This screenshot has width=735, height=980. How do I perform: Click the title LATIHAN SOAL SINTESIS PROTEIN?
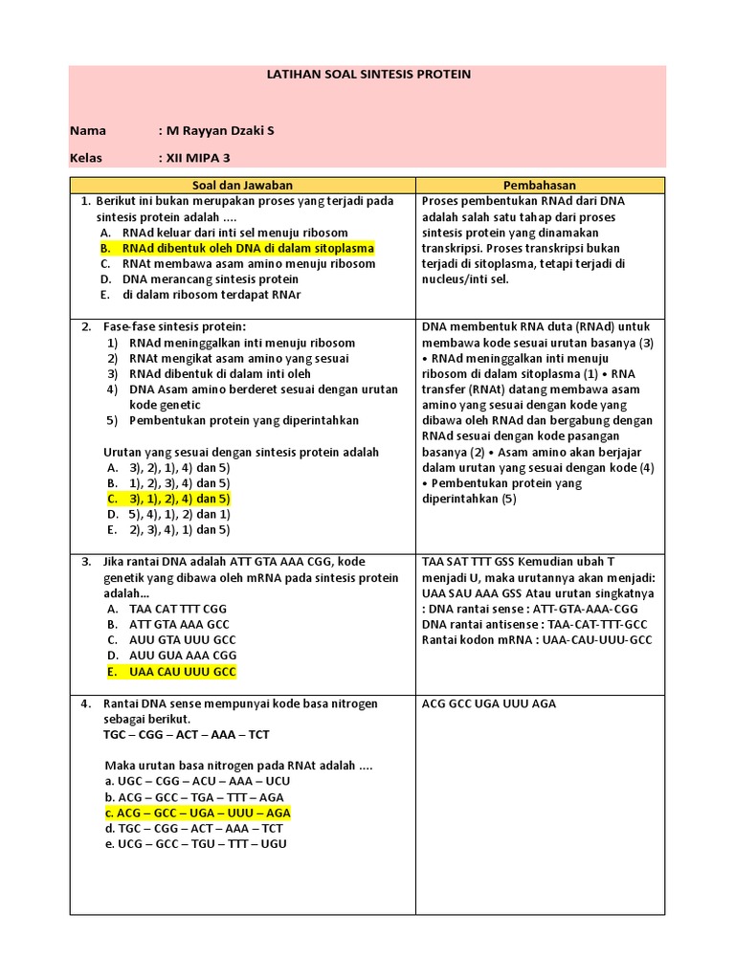coord(367,74)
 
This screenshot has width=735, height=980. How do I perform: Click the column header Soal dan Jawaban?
coord(242,185)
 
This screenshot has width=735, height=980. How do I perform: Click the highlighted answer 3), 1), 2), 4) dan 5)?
coord(168,499)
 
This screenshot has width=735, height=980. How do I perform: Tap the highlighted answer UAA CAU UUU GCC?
coord(170,672)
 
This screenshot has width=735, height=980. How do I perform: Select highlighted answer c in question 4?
coord(197,813)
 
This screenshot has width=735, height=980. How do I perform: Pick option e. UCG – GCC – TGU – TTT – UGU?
coord(196,844)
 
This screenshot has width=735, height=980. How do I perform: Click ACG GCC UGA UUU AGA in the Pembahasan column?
coord(489,703)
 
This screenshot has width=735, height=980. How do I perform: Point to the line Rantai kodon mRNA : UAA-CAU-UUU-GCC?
coord(537,639)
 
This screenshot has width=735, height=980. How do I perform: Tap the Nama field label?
coord(88,130)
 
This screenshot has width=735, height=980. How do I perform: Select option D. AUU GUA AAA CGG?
coord(171,656)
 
